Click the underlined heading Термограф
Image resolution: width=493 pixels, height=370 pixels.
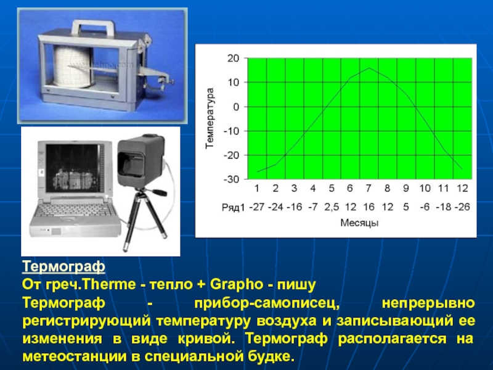point(63,266)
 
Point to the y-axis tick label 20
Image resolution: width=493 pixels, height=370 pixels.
point(234,58)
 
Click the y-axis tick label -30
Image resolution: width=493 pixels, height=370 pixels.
point(232,179)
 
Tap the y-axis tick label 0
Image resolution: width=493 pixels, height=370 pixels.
point(237,107)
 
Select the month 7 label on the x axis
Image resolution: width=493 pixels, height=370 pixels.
point(369,188)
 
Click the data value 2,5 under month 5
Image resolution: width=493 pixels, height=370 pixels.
point(332,207)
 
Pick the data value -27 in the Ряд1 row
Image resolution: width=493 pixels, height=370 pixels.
point(257,207)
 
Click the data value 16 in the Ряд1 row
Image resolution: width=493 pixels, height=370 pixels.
point(369,207)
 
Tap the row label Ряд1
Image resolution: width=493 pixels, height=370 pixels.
point(233,207)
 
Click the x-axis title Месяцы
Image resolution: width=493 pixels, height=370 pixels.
point(359,223)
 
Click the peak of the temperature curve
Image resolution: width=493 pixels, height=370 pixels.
point(369,68)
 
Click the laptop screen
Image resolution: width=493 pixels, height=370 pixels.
point(73,168)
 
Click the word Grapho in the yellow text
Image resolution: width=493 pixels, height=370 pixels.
point(237,285)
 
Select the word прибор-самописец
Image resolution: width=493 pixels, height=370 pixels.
point(267,303)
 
